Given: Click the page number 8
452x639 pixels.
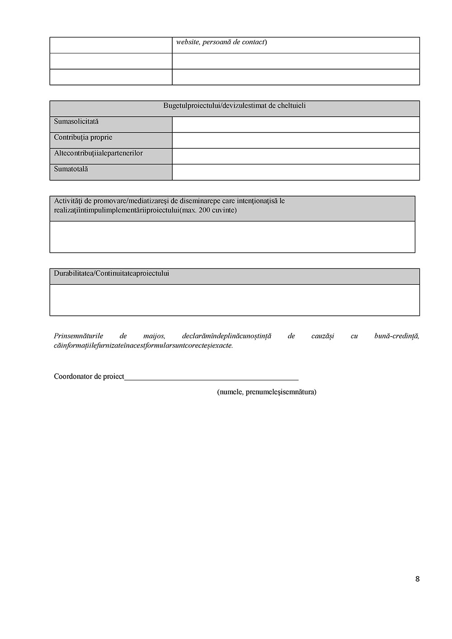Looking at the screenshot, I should coord(417,579).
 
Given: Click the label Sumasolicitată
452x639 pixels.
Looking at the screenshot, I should coord(76,122).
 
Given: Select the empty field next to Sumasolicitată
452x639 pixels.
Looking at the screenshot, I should coord(296,125).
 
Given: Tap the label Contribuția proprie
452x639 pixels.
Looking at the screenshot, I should coord(83,137).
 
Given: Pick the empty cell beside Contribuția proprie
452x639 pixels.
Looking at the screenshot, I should coord(296,141).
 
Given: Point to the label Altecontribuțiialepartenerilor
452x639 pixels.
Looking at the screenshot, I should coord(98,153).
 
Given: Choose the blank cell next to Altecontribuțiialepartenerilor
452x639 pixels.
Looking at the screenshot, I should coord(296,156).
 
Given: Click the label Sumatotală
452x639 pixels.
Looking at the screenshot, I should coord(71,169).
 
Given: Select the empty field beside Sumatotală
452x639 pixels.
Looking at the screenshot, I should coord(296,172).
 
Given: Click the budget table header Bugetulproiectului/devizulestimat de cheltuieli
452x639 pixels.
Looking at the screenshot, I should coord(235,106).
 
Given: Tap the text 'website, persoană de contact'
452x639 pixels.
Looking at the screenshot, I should coord(221,42).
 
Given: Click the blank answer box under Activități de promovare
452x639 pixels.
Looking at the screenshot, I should coord(232,237).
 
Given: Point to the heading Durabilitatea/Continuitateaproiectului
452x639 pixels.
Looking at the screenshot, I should coord(112,273).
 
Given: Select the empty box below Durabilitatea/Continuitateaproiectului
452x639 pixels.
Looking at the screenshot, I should coord(235,300).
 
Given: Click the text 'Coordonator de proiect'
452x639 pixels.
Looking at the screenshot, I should coord(89,376).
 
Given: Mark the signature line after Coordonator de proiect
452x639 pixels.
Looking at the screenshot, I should coord(211,378).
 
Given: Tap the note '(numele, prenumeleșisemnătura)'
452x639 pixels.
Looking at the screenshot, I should coord(267,392).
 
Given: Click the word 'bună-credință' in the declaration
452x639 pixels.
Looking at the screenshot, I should coord(396,336).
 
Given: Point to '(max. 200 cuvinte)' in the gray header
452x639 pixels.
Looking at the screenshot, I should coord(208,210).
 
